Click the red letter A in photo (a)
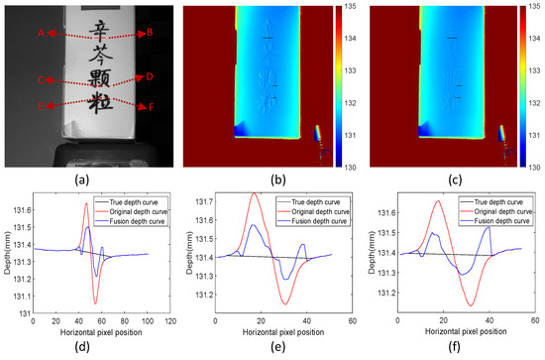[42, 33]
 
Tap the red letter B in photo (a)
[150, 33]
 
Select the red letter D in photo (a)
[150, 76]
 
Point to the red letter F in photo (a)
[150, 106]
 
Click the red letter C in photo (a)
[41, 79]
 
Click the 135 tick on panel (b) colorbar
[351, 8]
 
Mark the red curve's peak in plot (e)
[257, 193]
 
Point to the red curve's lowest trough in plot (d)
[95, 302]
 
